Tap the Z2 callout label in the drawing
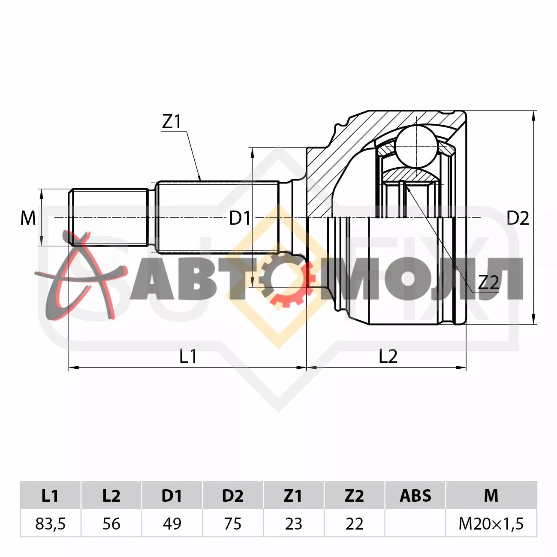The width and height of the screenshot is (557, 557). [x=488, y=283]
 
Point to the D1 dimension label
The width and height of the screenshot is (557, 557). [x=240, y=218]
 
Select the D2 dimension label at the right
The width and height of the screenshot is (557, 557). [x=518, y=218]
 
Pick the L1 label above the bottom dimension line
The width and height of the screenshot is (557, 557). [x=188, y=356]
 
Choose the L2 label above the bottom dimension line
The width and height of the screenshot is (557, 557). [x=388, y=356]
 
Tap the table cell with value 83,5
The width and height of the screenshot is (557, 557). [x=51, y=524]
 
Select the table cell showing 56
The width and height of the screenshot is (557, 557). [x=111, y=524]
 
